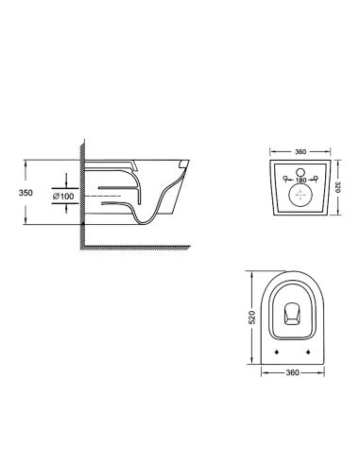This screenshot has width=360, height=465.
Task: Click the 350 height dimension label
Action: pos(11,191)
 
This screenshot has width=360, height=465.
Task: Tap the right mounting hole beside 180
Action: pos(317,180)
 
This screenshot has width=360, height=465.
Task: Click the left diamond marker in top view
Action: pos(276,351)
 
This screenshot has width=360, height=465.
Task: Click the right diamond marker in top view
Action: pos(308,351)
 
